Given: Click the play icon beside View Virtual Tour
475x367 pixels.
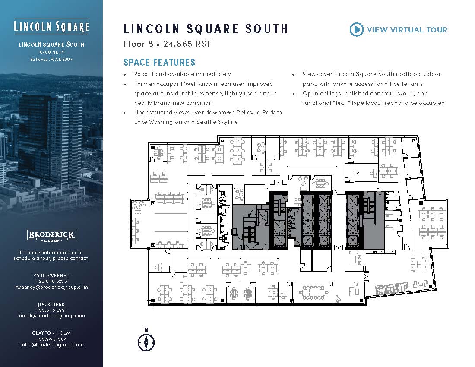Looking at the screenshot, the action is (357, 30).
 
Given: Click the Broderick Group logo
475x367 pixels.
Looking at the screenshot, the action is (51, 236).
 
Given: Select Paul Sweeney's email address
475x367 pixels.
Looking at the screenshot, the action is (51, 287).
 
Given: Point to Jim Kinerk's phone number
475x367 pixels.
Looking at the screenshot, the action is (51, 310).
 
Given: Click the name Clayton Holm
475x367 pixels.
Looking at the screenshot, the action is (51, 333).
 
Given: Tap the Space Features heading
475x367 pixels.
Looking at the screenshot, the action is (159, 62).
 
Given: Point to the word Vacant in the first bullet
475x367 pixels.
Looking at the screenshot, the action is (144, 74).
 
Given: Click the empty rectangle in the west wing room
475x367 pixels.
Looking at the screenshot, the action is (171, 222).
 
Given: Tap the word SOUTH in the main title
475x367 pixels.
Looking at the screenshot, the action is (266, 29).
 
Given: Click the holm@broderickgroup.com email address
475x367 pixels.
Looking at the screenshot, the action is (51, 345).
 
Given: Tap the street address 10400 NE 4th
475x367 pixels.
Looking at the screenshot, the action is (51, 52).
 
